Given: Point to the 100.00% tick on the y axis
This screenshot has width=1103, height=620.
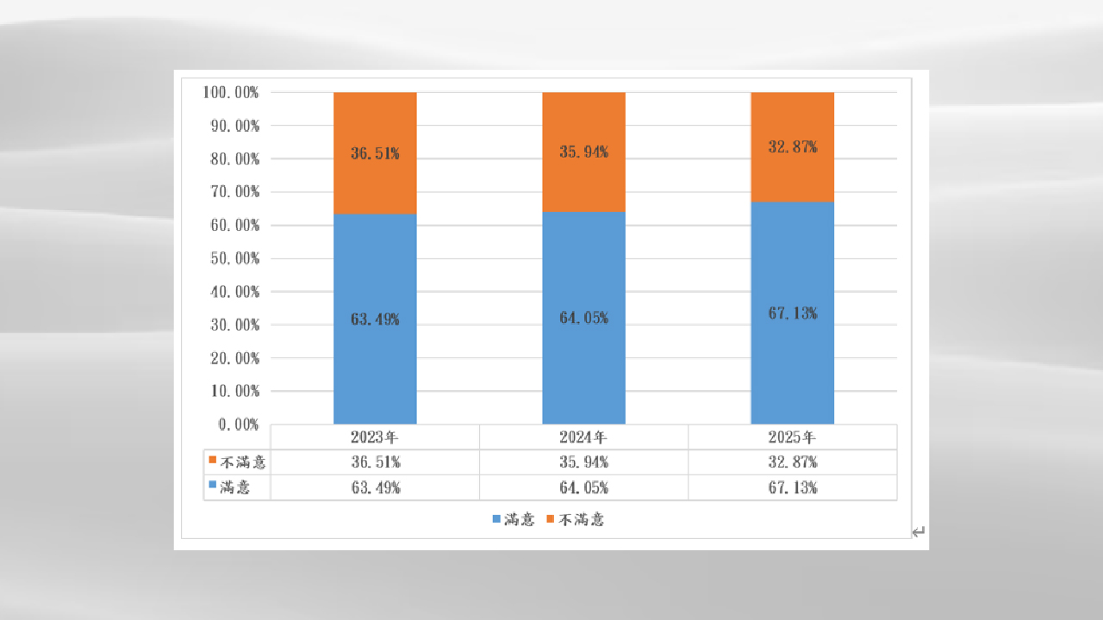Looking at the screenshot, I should (231, 92).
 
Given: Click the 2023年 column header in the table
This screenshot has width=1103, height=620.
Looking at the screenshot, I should (375, 437).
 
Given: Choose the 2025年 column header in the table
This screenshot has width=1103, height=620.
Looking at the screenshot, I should (792, 437).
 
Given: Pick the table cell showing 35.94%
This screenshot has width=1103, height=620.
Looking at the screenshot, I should (583, 462).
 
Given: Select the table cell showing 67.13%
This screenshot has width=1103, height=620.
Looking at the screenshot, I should (792, 487).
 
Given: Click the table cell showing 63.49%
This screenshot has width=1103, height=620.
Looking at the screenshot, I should (375, 487).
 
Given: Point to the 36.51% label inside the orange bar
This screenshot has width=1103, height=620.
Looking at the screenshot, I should (375, 154).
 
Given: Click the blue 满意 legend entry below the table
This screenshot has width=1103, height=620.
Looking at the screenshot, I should (514, 519).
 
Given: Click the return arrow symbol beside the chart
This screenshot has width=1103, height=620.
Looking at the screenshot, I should (919, 532).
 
